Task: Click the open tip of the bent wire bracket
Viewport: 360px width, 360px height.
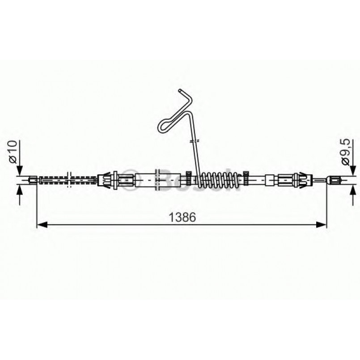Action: (x=180, y=91)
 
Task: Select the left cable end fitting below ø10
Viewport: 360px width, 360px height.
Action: (x=33, y=180)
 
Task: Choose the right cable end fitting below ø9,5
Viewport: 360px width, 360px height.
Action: (x=333, y=180)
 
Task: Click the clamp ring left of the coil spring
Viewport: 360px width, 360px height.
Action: (x=189, y=178)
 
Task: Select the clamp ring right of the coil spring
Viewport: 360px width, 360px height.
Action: (x=246, y=178)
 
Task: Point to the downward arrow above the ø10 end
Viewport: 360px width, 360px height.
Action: (x=18, y=170)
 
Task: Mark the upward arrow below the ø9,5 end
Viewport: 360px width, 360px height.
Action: (x=352, y=190)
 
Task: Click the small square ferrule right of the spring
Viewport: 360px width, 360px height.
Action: (x=270, y=180)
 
